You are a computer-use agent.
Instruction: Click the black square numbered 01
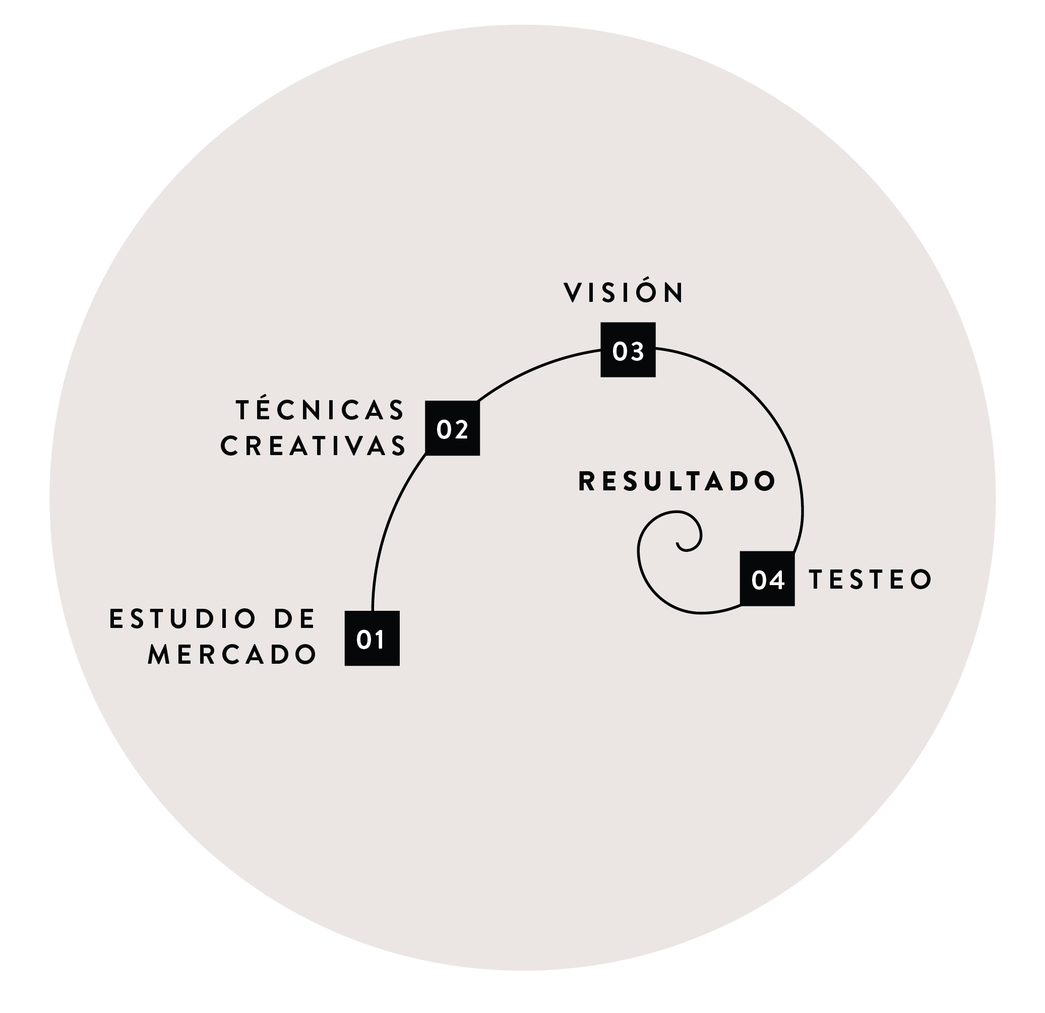click(372, 638)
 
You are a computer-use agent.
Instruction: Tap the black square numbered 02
click(452, 428)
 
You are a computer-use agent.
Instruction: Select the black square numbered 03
click(628, 350)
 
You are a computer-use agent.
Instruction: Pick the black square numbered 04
click(767, 579)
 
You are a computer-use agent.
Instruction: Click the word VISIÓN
click(623, 292)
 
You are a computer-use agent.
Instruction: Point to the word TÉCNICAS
click(321, 410)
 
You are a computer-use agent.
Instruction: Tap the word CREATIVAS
click(314, 446)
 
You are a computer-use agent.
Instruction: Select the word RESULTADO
click(677, 481)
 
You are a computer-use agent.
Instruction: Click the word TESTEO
click(870, 579)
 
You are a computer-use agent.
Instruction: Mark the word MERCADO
click(232, 654)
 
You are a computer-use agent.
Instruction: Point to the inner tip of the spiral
click(678, 543)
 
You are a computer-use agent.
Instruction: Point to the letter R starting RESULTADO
click(586, 481)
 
